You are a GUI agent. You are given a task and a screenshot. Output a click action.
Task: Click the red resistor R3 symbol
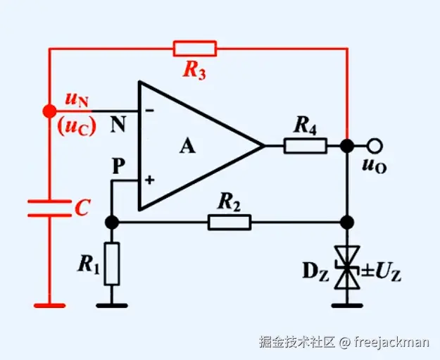(195, 49)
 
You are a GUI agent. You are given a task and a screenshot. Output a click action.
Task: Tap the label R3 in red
(194, 70)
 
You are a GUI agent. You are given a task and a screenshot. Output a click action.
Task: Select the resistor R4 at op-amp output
(305, 146)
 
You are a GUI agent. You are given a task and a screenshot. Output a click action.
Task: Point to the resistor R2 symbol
(229, 223)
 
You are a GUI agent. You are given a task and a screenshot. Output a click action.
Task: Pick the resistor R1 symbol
(111, 264)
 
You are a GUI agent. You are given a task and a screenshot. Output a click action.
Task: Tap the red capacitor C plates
(49, 208)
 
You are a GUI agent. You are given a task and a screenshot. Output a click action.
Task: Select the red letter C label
(82, 207)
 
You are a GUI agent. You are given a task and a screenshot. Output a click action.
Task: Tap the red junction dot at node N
(49, 111)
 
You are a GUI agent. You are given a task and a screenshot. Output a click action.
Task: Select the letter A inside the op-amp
(187, 147)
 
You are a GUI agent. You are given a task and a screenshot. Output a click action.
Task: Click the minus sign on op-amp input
(149, 111)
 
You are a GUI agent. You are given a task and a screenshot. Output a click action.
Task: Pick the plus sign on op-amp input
(149, 180)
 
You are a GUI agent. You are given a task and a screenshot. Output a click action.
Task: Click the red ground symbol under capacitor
(49, 306)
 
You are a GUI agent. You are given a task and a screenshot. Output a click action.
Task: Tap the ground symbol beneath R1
(111, 306)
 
